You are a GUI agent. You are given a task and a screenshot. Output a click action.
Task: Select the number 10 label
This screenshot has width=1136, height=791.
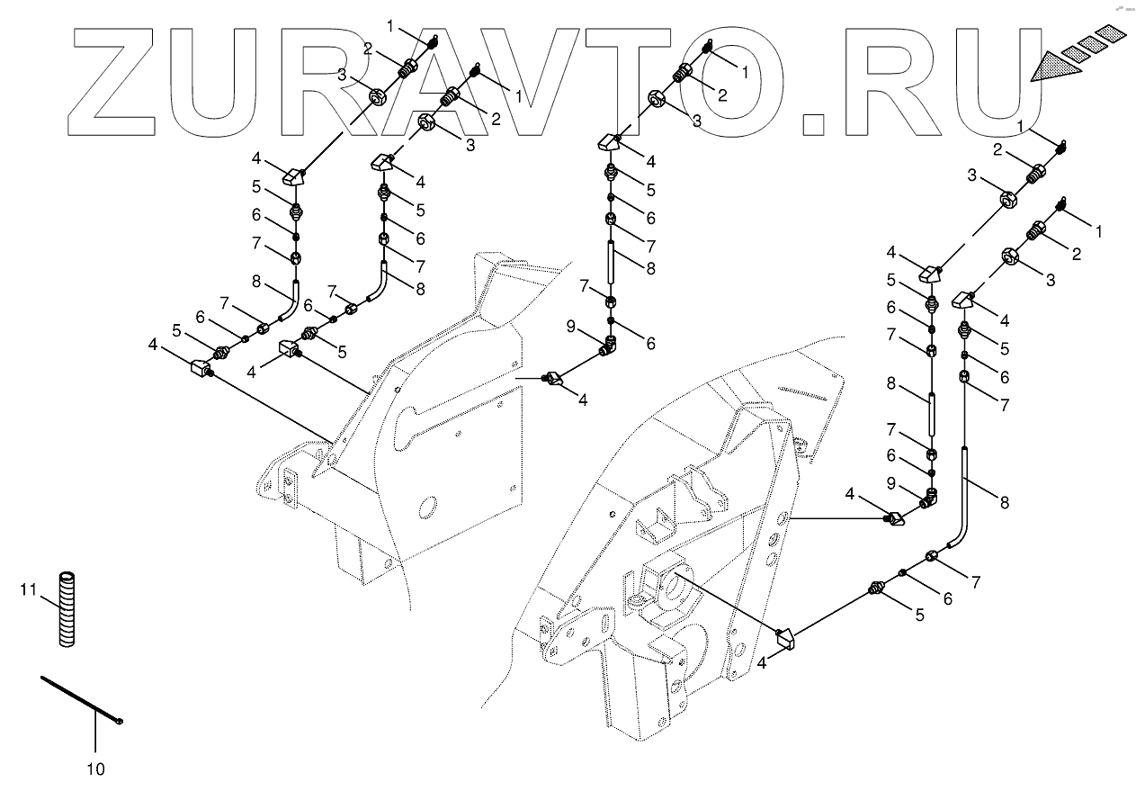pyautogui.click(x=95, y=769)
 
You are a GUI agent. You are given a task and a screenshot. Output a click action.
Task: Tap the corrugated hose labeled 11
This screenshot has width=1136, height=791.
pyautogui.click(x=67, y=607)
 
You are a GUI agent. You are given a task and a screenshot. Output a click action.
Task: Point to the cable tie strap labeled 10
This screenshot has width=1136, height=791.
pyautogui.click(x=76, y=697)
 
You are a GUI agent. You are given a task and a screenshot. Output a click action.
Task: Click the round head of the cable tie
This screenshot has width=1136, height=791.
pyautogui.click(x=120, y=721)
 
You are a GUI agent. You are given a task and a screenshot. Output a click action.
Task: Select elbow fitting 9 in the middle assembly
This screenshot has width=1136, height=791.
pyautogui.click(x=611, y=342)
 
